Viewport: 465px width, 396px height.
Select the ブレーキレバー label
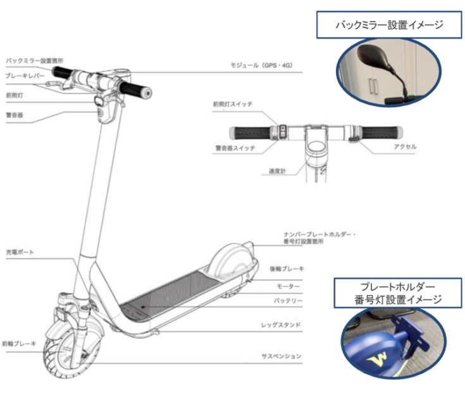(x=25, y=75)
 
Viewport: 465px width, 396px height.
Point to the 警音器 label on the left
(x=15, y=116)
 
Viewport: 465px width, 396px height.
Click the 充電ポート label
(x=19, y=252)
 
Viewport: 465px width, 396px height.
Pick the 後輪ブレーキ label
(x=287, y=269)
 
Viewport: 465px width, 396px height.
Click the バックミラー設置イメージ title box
(x=388, y=26)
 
